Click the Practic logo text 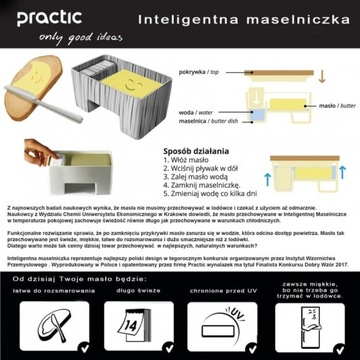pos(41,18)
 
